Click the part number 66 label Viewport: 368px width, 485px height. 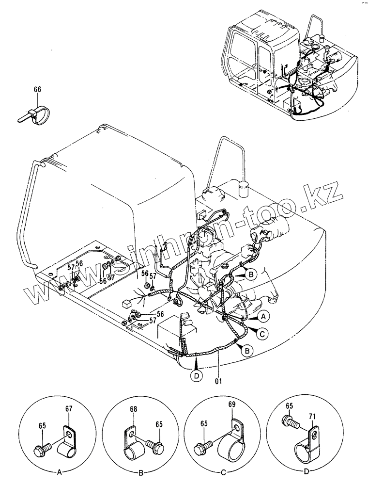(38, 89)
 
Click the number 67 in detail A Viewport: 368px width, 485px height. (68, 409)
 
